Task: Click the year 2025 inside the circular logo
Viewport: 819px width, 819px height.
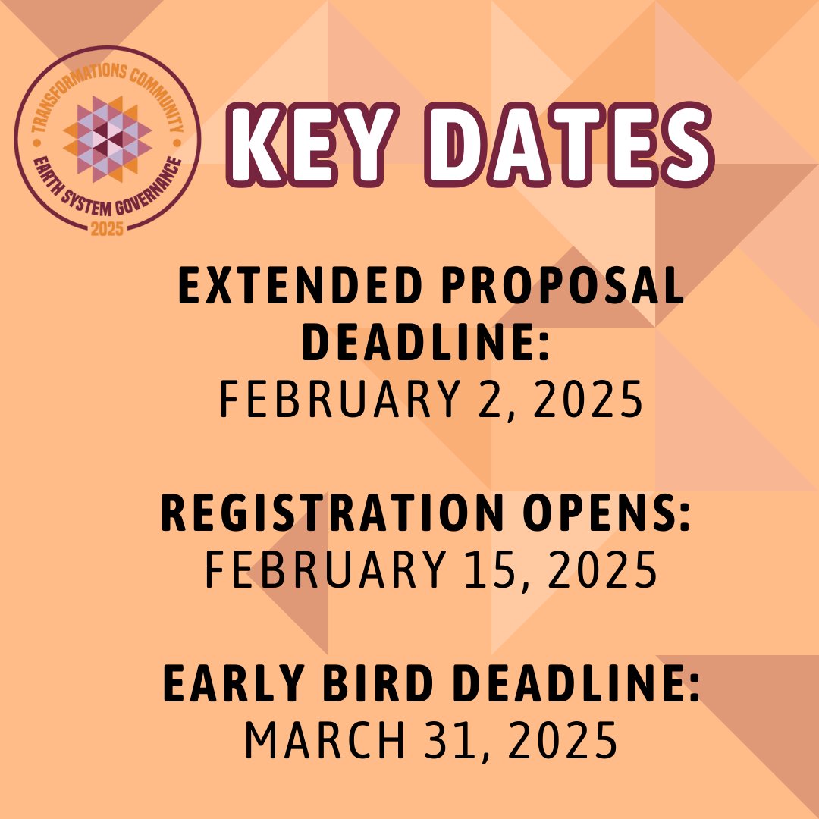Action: [x=107, y=227]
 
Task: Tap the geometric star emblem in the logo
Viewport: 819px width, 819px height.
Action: [x=107, y=136]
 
